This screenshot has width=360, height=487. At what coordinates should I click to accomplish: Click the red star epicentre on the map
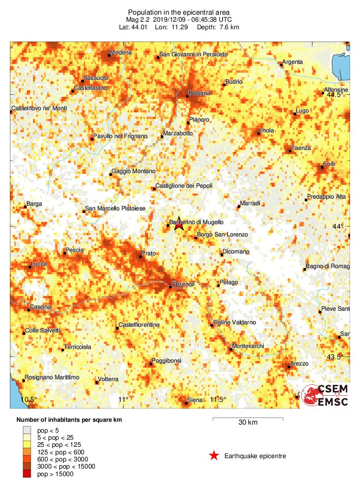coord(179,225)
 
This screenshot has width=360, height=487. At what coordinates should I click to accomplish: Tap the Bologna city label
coord(199,93)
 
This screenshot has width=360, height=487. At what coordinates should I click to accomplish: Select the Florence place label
coord(183,284)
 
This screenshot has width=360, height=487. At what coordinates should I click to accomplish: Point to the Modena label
coord(120,52)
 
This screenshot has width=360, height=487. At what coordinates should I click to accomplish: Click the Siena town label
coord(195,400)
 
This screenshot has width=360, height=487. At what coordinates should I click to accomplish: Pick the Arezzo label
coord(299,364)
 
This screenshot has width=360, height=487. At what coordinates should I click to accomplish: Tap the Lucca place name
coord(38,264)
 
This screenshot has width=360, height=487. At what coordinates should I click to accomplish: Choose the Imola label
coord(267,130)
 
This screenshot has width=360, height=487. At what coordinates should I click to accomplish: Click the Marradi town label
coord(250,204)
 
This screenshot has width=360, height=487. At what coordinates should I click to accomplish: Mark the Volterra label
coord(108,379)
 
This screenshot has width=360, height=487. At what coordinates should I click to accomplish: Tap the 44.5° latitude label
coord(336,95)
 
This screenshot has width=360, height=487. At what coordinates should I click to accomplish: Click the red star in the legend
coord(214,456)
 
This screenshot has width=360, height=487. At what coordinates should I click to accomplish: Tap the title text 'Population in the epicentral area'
coord(179,12)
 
